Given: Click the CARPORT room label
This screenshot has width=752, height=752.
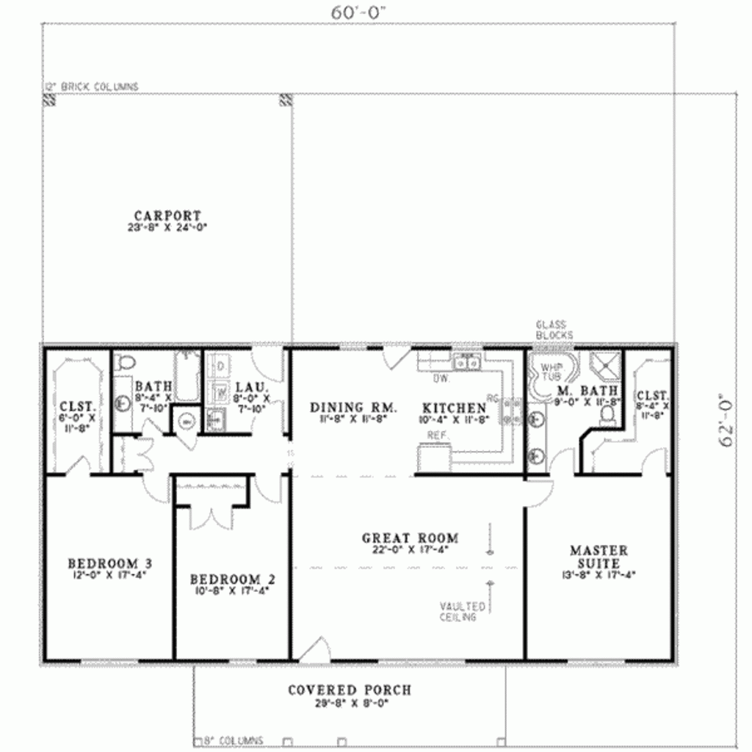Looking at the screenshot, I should (167, 216).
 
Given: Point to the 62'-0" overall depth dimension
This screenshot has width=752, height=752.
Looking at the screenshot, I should (728, 419).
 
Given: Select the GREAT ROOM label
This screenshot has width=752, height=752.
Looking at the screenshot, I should (410, 538).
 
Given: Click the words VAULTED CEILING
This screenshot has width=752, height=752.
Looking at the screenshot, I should (463, 612).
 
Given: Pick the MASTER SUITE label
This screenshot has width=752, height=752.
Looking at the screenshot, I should (599, 556).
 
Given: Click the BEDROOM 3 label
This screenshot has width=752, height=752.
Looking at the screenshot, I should (110, 563).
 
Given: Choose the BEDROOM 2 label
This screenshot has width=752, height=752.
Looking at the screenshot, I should (225, 579).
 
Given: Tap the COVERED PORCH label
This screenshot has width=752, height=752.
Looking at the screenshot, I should (350, 690).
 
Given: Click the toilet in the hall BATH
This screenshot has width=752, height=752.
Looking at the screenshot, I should (126, 362).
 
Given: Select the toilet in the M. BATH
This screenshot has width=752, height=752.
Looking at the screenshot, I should (607, 415).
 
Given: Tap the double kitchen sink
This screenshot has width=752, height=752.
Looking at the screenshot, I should (466, 361).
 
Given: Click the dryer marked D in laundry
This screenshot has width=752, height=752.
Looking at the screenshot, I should (220, 366).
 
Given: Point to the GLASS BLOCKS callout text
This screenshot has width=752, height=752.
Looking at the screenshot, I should (554, 330).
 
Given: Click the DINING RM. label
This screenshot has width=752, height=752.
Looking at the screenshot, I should (354, 408).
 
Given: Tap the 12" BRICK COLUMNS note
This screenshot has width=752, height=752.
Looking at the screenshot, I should (91, 87).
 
